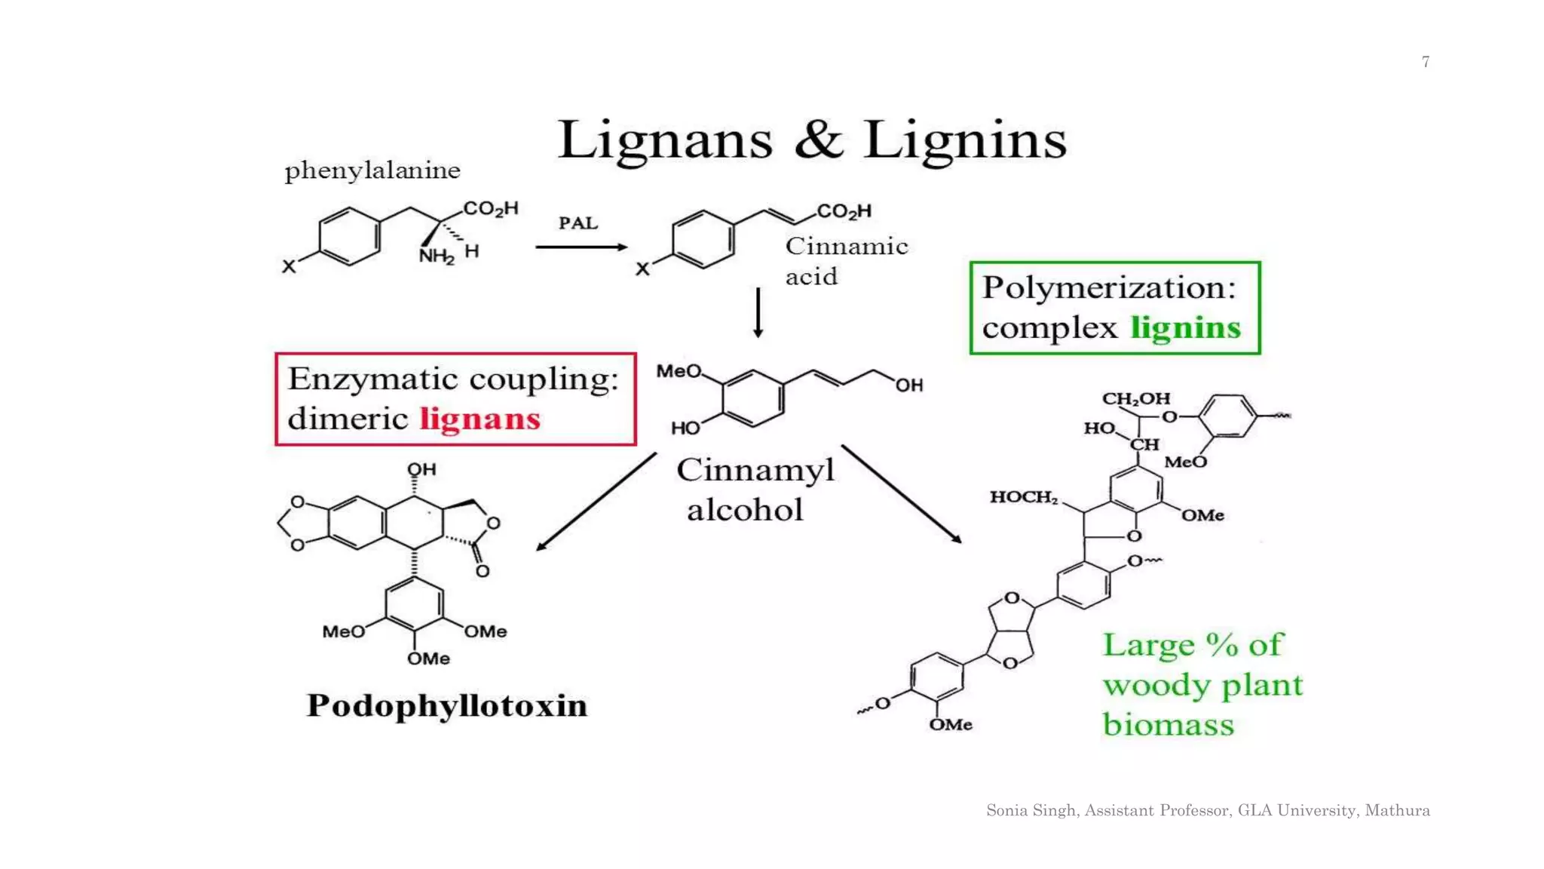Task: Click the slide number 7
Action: click(1426, 62)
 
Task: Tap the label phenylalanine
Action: click(372, 171)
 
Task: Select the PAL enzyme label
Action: click(578, 223)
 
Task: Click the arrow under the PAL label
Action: click(581, 247)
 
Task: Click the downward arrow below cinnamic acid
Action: click(758, 312)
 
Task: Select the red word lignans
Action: click(480, 419)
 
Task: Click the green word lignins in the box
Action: click(1185, 328)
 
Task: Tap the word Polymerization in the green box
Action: click(1108, 288)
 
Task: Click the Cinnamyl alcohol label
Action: click(755, 490)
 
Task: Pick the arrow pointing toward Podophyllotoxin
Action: click(596, 502)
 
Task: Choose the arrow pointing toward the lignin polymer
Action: click(902, 494)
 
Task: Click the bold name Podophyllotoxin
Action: click(447, 706)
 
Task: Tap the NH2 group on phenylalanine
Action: click(437, 256)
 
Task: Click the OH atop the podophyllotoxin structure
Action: click(422, 469)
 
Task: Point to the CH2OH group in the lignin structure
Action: click(1135, 398)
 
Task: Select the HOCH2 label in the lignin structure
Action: click(1023, 497)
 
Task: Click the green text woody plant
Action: click(1202, 685)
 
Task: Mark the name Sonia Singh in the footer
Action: click(1031, 811)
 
